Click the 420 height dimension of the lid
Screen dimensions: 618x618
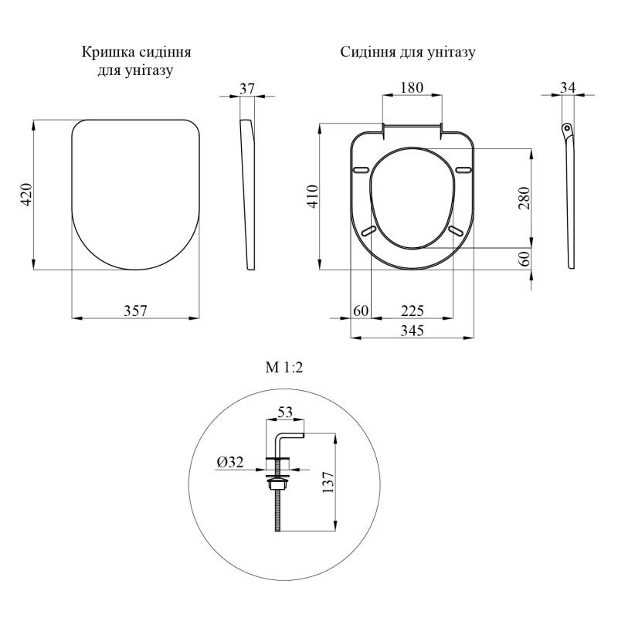(x=26, y=195)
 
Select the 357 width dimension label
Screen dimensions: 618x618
(x=135, y=311)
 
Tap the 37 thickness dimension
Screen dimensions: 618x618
(x=247, y=89)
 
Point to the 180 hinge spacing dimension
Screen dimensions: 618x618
(x=412, y=87)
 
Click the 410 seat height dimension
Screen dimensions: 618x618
(x=313, y=196)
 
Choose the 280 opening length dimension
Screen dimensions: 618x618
(x=525, y=199)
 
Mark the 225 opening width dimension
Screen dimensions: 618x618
(x=413, y=311)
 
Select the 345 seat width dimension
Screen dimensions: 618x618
(x=413, y=331)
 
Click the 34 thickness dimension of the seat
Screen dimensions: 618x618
(x=568, y=87)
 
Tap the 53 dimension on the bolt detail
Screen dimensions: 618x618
(x=285, y=413)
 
